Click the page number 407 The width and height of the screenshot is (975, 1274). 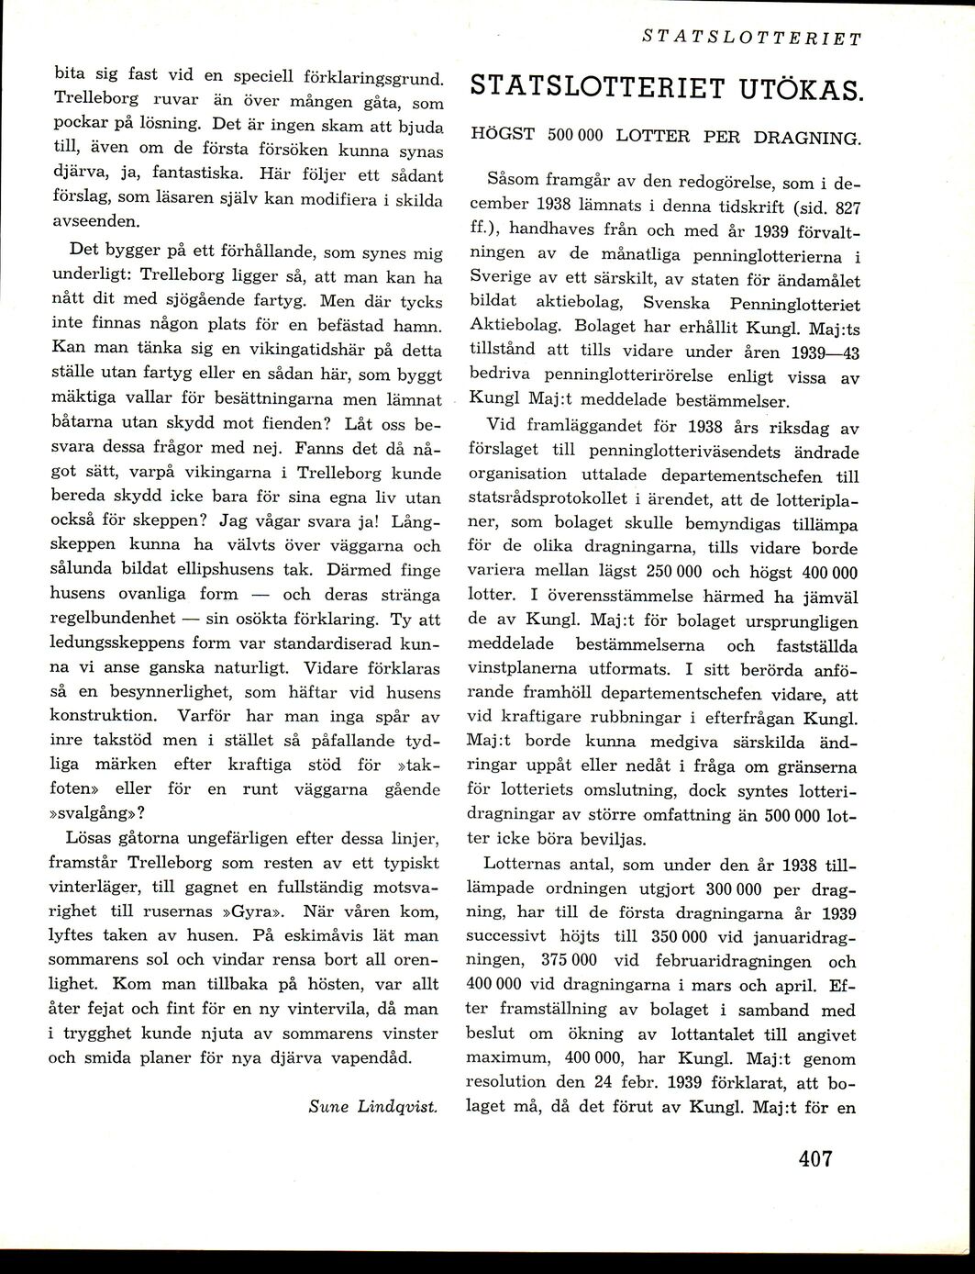click(814, 1159)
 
